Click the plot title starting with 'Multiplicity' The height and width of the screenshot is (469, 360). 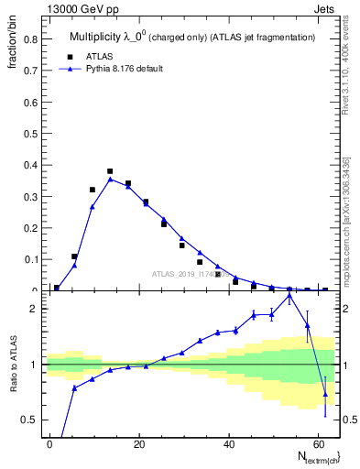pos(192,38)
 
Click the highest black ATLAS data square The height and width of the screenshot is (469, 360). pos(110,171)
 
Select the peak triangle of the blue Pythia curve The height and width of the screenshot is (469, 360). pos(110,180)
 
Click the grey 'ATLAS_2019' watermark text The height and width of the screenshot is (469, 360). pos(188,273)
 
